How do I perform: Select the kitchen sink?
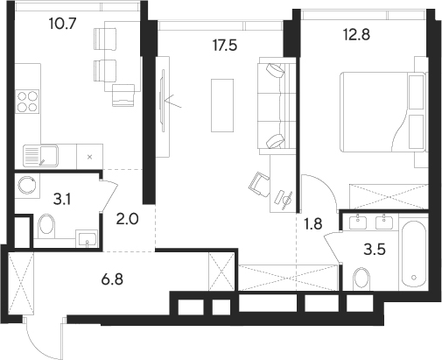click(39, 156)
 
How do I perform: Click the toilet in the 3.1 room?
click(47, 229)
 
